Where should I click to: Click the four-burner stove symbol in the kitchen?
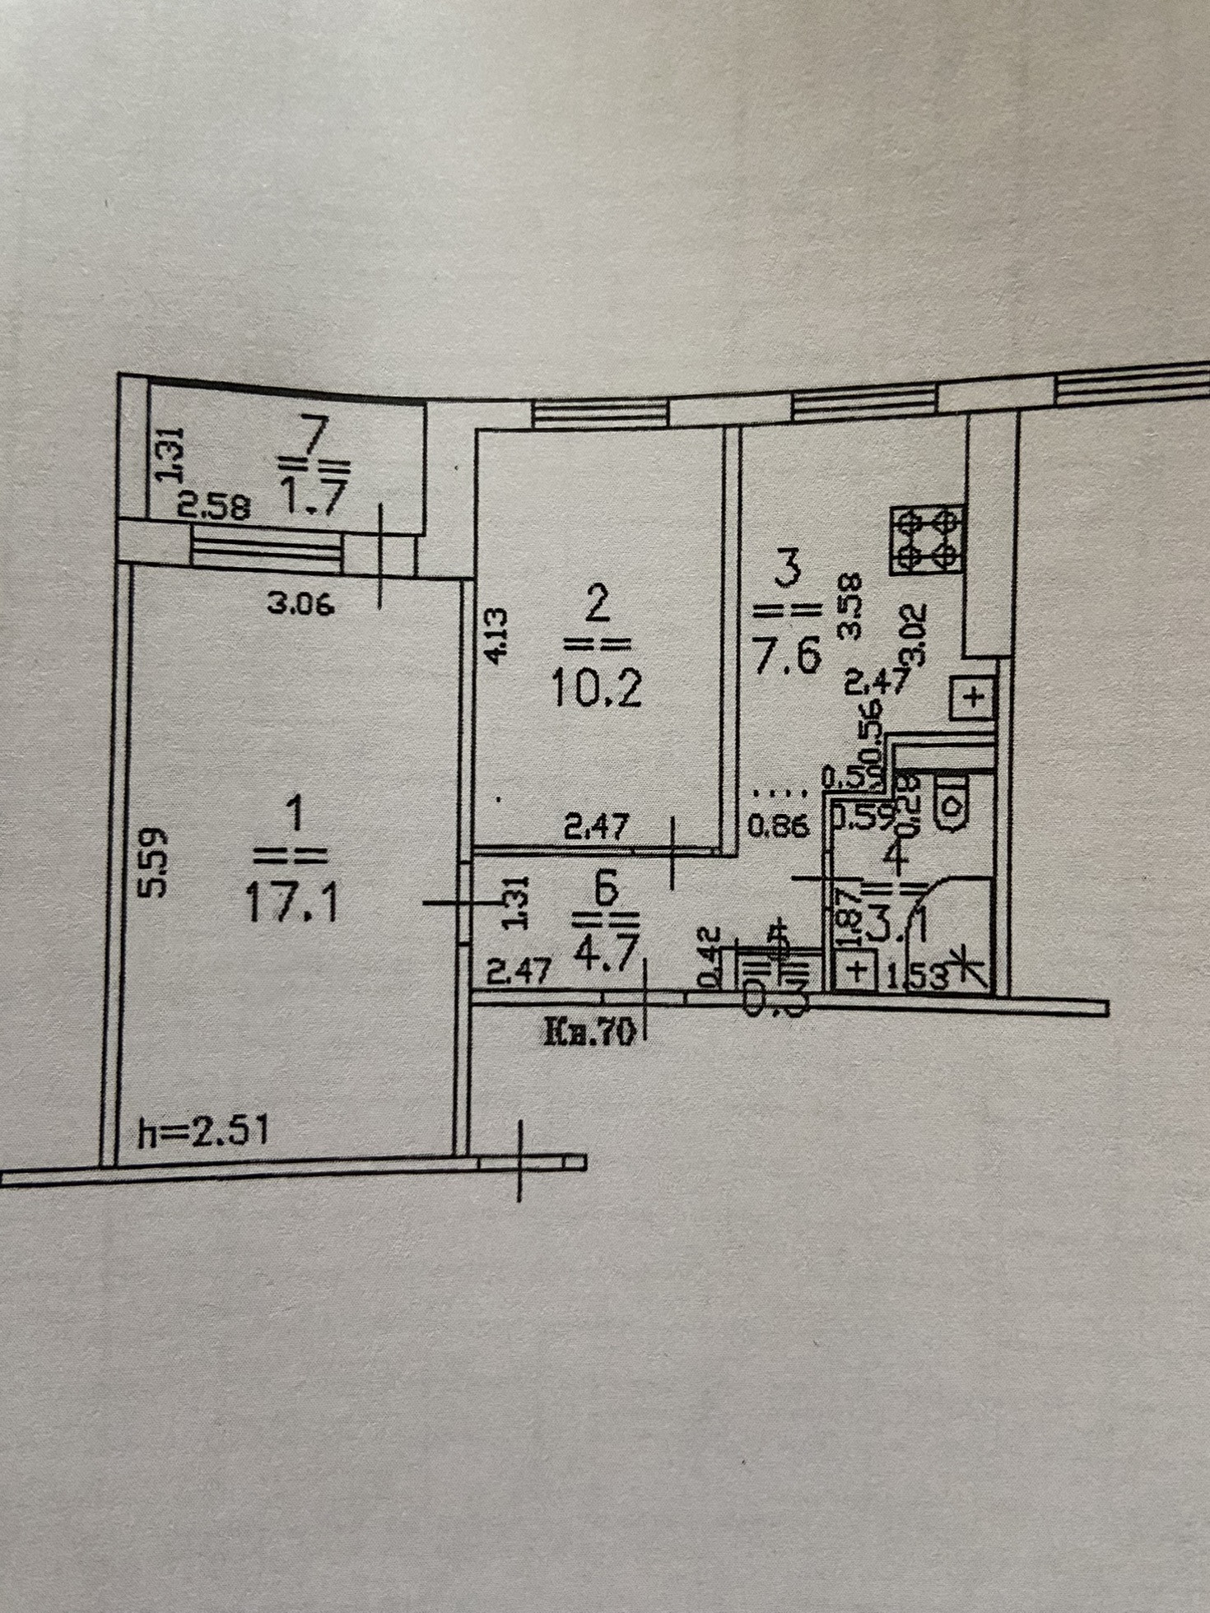pyautogui.click(x=927, y=540)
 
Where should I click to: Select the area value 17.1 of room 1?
pyautogui.click(x=290, y=904)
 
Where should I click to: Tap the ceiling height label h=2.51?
pyautogui.click(x=202, y=1132)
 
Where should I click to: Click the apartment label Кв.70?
pyautogui.click(x=589, y=1032)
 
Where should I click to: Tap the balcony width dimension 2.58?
pyautogui.click(x=213, y=507)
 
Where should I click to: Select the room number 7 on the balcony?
pyautogui.click(x=316, y=434)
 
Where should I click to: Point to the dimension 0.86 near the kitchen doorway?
pyautogui.click(x=777, y=825)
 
